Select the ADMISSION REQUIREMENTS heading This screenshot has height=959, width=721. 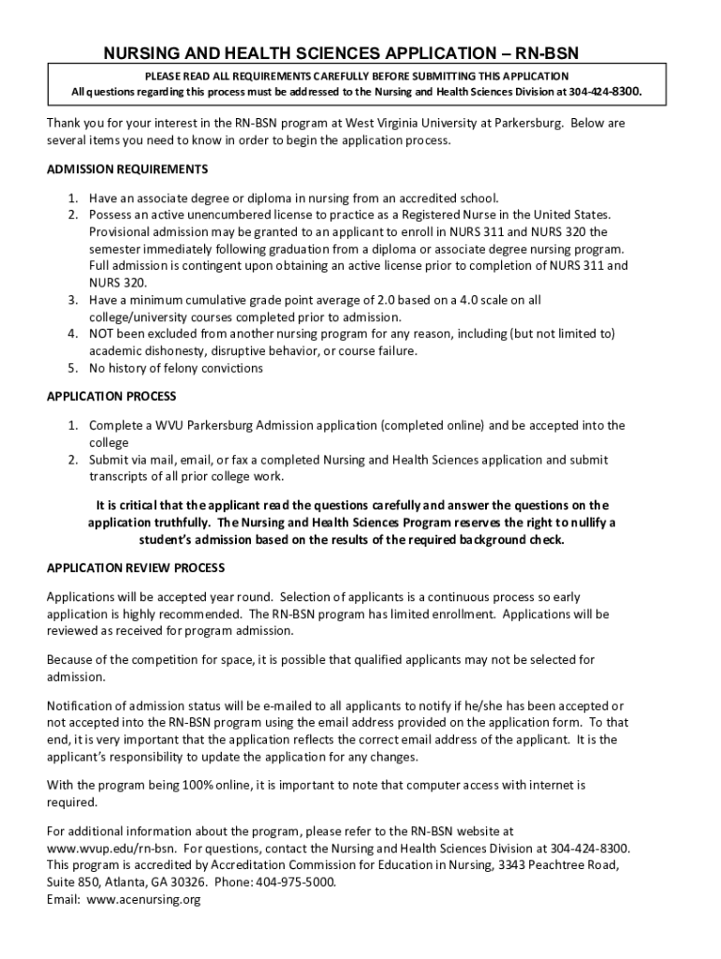(x=127, y=170)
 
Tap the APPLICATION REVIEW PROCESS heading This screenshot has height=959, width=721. (x=136, y=568)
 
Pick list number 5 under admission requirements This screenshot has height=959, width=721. (x=72, y=368)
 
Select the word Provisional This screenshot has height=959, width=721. (x=121, y=231)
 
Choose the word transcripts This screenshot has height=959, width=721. (x=120, y=477)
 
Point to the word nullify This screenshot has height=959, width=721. (x=592, y=523)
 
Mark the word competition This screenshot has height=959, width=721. (x=163, y=660)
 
